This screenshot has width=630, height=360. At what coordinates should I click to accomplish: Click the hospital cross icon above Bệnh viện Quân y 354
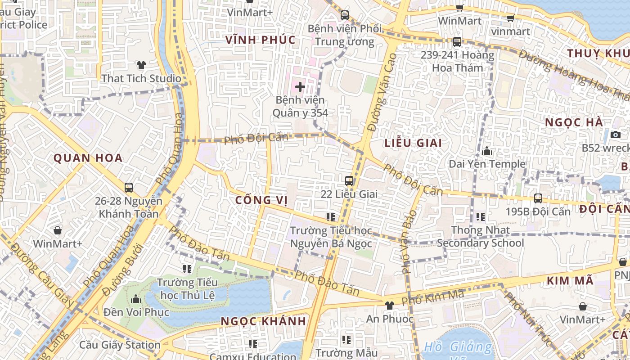tap(300, 86)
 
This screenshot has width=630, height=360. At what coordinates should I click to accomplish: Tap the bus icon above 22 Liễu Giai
tap(349, 181)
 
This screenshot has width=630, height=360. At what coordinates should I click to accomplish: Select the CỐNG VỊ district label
tap(261, 200)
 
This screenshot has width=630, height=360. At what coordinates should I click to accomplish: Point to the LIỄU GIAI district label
tap(413, 143)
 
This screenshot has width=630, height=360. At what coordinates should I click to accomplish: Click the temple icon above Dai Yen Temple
tap(487, 151)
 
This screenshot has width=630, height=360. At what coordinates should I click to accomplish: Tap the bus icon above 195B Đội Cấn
tap(538, 198)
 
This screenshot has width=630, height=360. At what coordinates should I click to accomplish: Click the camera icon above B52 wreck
tap(615, 135)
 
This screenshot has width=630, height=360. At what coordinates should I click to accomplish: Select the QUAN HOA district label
tap(88, 158)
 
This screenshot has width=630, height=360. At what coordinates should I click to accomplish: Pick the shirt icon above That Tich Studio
tap(141, 65)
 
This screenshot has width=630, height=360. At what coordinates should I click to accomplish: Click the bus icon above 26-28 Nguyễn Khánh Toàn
tap(129, 187)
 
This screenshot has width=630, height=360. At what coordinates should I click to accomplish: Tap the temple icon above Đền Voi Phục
tap(136, 299)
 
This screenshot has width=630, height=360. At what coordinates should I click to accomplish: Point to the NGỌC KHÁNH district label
tap(263, 321)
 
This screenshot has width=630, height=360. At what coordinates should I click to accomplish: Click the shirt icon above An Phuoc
tap(389, 305)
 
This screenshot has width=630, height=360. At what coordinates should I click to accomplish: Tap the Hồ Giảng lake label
tap(458, 347)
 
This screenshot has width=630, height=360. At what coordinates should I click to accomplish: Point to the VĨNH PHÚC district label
tap(261, 40)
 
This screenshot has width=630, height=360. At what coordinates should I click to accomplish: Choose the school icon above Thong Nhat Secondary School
tap(481, 217)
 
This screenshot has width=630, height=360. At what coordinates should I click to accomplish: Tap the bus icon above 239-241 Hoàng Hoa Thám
tap(457, 42)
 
